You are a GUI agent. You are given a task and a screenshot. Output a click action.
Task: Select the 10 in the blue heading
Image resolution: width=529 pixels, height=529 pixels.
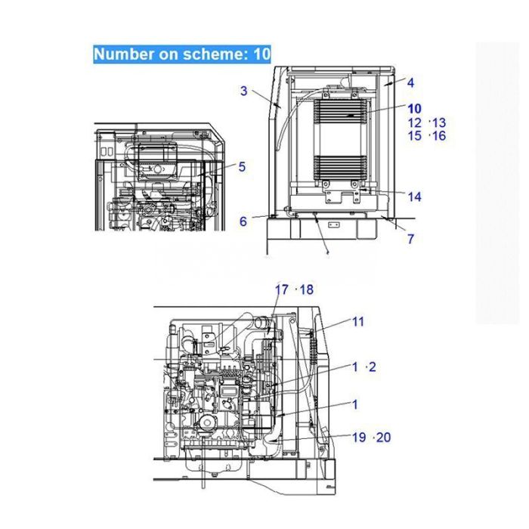coord(261,54)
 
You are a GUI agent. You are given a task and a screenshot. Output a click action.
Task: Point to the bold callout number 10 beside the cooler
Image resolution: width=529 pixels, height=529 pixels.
coord(415,108)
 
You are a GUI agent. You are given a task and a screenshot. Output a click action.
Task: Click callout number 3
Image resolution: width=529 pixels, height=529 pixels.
coord(244,91)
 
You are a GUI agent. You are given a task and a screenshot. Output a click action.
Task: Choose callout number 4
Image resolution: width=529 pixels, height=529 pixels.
coord(410,82)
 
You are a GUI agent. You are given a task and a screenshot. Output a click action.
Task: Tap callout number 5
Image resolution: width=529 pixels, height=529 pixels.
coord(242,166)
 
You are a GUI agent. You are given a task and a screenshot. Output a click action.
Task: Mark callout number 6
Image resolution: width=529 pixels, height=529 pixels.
coord(243,221)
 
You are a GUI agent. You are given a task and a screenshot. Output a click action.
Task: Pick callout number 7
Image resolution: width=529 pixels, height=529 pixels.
coord(410,240)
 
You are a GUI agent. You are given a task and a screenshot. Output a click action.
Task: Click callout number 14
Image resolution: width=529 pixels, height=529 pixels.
coord(415,197)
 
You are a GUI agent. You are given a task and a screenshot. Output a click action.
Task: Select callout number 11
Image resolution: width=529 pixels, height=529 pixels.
coord(358,321)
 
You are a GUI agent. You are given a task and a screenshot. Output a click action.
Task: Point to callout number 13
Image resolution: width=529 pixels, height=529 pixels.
coord(439,122)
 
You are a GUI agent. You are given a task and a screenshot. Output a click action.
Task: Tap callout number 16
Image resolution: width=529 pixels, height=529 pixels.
coord(439,136)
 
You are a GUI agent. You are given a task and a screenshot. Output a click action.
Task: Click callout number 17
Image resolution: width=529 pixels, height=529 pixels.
coord(281,289)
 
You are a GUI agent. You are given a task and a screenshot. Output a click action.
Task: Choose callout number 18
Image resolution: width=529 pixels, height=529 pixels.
coord(306,289)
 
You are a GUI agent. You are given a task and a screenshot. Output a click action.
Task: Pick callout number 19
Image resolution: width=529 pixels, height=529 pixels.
coord(358,437)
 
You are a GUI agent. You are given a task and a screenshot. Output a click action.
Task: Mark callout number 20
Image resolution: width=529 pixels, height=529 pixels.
coord(383,437)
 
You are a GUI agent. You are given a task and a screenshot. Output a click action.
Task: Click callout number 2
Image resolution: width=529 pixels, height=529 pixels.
coord(371,367)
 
